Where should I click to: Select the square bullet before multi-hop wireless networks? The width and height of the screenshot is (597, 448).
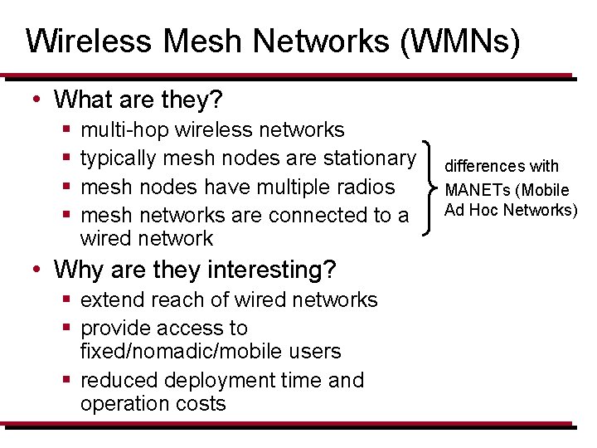coord(66,130)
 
